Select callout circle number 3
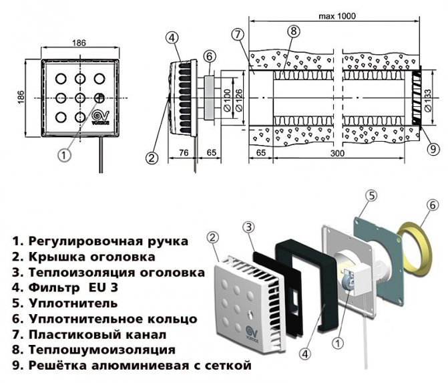click(248, 227)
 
